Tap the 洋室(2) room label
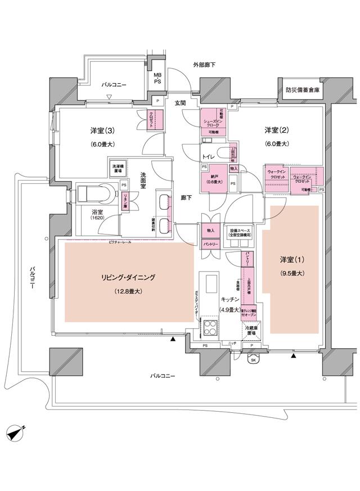[x=277, y=130]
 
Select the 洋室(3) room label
[x=102, y=130]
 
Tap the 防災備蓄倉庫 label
[x=302, y=89]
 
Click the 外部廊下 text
[x=204, y=65]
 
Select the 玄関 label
[x=179, y=103]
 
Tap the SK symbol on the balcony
[x=253, y=360]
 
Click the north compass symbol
[x=16, y=434]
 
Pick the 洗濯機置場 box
[x=118, y=168]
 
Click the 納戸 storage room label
[x=213, y=179]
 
